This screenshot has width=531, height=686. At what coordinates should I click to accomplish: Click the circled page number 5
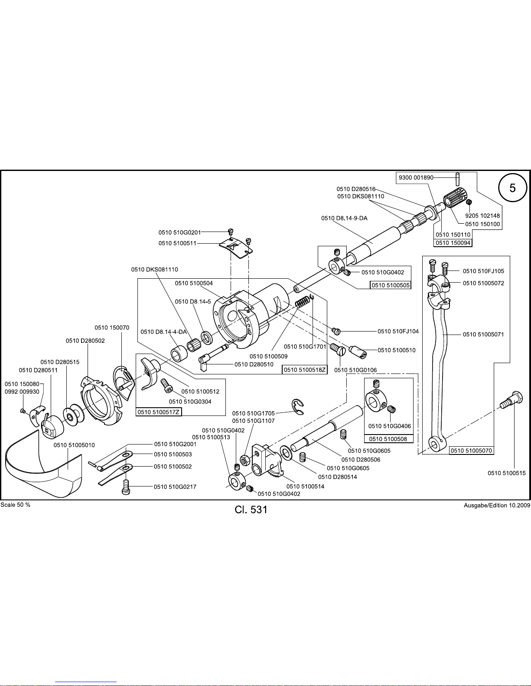click(x=512, y=188)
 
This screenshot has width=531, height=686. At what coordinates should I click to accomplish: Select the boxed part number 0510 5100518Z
click(x=304, y=369)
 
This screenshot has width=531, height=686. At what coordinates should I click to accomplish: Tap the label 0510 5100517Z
click(x=159, y=412)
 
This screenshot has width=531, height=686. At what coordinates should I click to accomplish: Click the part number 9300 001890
click(x=416, y=177)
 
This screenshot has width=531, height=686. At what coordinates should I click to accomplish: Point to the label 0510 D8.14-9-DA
click(x=344, y=218)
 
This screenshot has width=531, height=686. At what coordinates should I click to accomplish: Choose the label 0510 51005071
click(x=483, y=334)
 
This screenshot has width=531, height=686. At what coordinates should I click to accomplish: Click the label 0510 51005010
click(x=74, y=445)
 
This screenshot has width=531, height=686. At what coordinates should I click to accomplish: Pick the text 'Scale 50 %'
click(x=16, y=505)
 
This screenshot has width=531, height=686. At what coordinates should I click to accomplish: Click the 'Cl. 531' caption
click(x=251, y=510)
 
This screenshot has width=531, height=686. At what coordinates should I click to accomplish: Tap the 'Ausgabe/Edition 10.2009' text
click(x=497, y=506)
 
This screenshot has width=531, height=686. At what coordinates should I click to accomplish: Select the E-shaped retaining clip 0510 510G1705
click(x=297, y=406)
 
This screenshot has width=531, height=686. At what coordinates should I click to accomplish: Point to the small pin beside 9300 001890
click(x=458, y=179)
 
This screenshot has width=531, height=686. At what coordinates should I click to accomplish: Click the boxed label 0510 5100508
click(x=388, y=439)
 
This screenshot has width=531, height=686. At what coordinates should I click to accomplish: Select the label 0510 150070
click(x=112, y=328)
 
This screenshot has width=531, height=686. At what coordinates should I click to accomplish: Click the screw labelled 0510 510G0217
click(x=126, y=487)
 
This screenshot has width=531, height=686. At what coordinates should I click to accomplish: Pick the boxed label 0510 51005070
click(x=471, y=451)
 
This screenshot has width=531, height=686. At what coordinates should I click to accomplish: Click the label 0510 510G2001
click(x=175, y=444)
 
